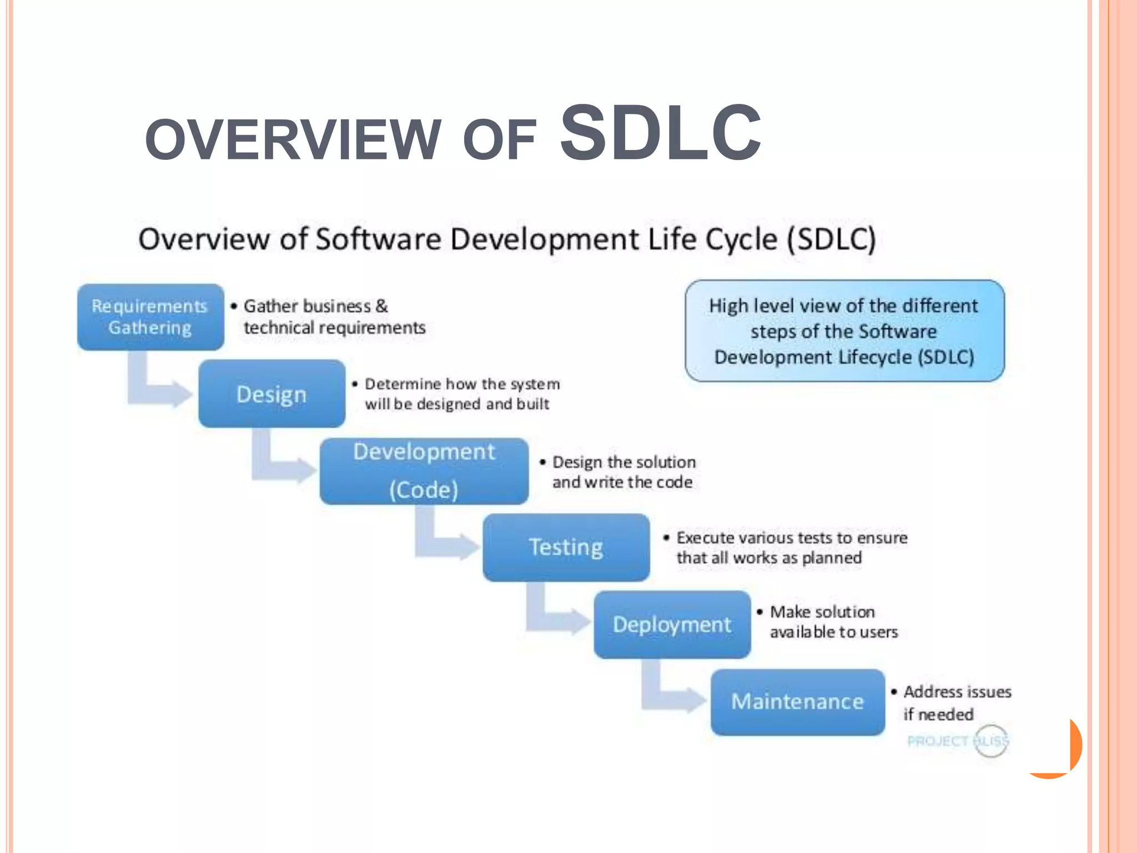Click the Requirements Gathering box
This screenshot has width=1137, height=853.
coord(150,317)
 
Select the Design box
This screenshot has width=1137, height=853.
coord(271,394)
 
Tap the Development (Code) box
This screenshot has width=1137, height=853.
coord(424,471)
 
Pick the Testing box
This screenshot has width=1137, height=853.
coord(566,548)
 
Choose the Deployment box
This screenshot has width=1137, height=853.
coord(672,625)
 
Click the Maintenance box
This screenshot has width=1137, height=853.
coord(797,702)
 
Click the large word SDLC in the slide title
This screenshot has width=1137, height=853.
coord(661,133)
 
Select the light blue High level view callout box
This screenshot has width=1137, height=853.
coord(844,331)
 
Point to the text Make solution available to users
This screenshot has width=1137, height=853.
coord(833,622)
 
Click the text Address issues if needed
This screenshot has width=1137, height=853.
coord(956,703)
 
